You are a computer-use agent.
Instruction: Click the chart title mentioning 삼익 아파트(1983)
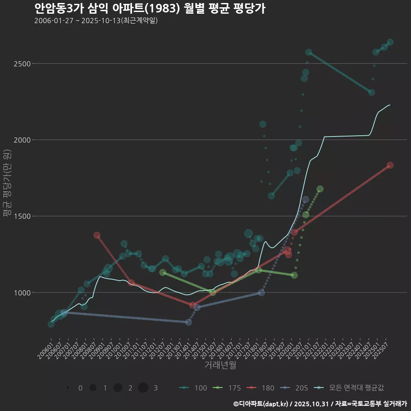click(x=149, y=8)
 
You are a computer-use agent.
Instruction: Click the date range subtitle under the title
click(x=96, y=21)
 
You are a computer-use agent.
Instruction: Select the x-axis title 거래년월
click(x=220, y=365)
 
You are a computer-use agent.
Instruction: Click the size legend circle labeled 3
click(x=143, y=388)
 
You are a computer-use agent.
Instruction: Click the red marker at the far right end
click(x=390, y=165)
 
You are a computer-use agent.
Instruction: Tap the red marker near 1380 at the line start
click(x=97, y=235)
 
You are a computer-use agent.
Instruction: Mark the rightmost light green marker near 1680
click(x=320, y=189)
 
